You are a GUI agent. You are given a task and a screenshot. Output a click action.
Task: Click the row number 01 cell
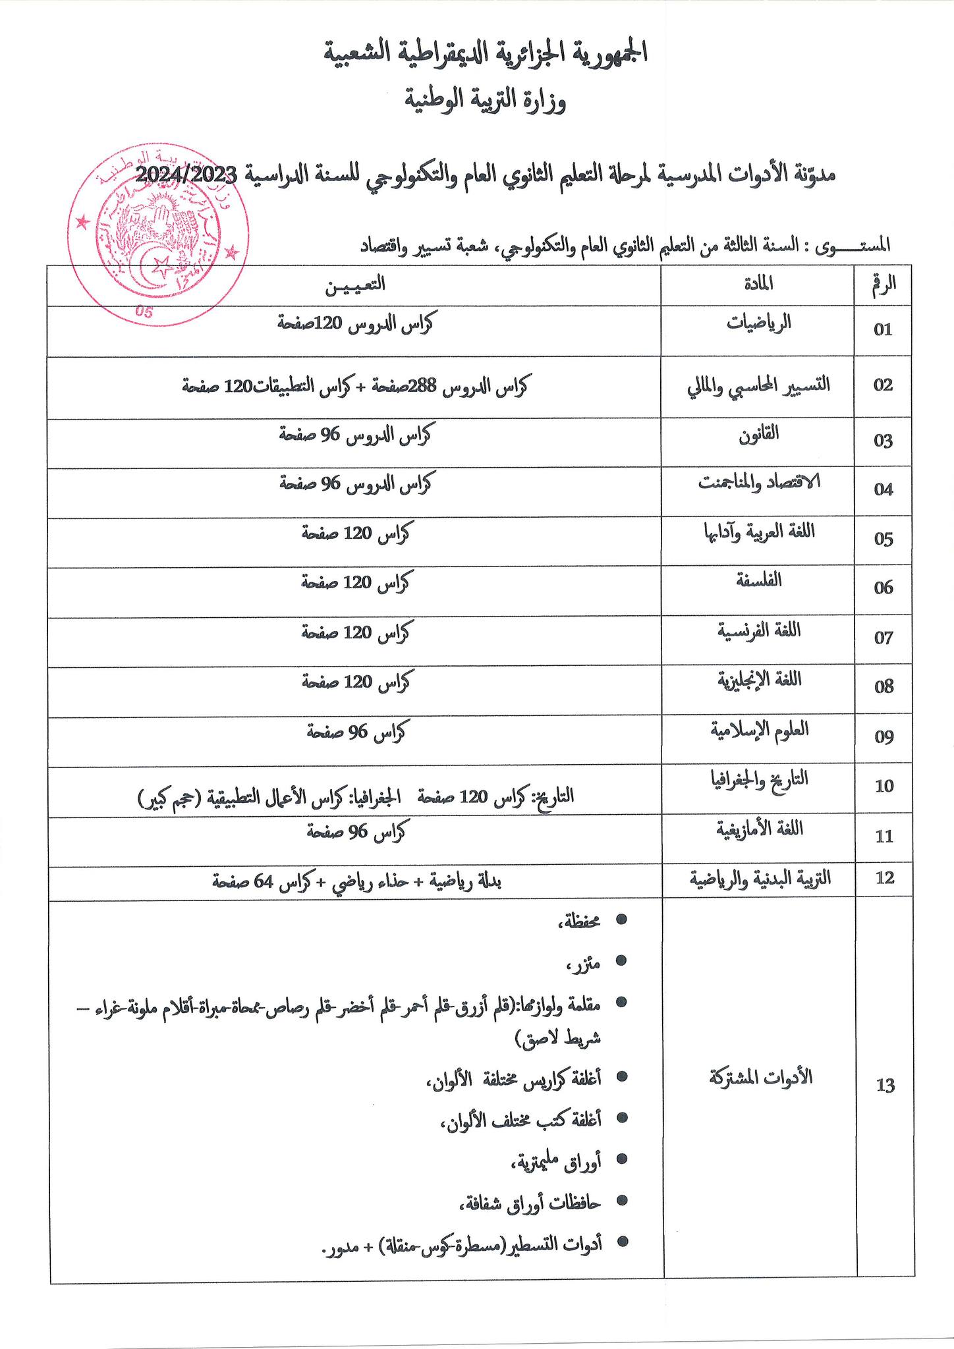[x=883, y=330]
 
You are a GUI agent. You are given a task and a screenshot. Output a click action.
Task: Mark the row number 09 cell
[x=883, y=737]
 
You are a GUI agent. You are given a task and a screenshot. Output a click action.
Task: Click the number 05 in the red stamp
[x=144, y=312]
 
